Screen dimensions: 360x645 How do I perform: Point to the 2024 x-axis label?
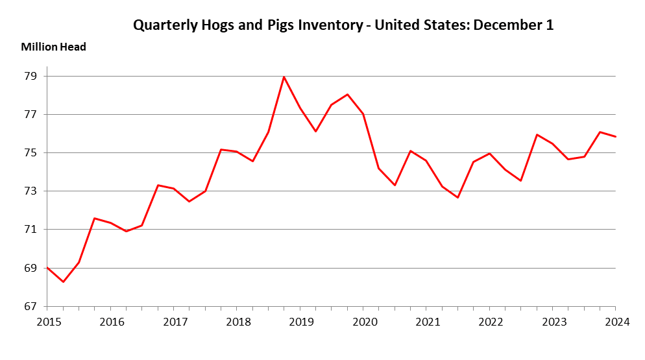[615, 322]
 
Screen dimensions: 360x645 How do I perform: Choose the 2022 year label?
[489, 322]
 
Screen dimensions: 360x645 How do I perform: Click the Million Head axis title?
[53, 47]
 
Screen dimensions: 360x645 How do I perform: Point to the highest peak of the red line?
[284, 77]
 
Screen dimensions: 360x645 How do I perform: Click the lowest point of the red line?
[63, 282]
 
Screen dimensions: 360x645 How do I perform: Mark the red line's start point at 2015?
[47, 267]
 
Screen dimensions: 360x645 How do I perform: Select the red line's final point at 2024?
[615, 136]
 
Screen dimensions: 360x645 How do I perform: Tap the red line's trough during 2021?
[457, 197]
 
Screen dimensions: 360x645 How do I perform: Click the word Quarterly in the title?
[164, 25]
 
